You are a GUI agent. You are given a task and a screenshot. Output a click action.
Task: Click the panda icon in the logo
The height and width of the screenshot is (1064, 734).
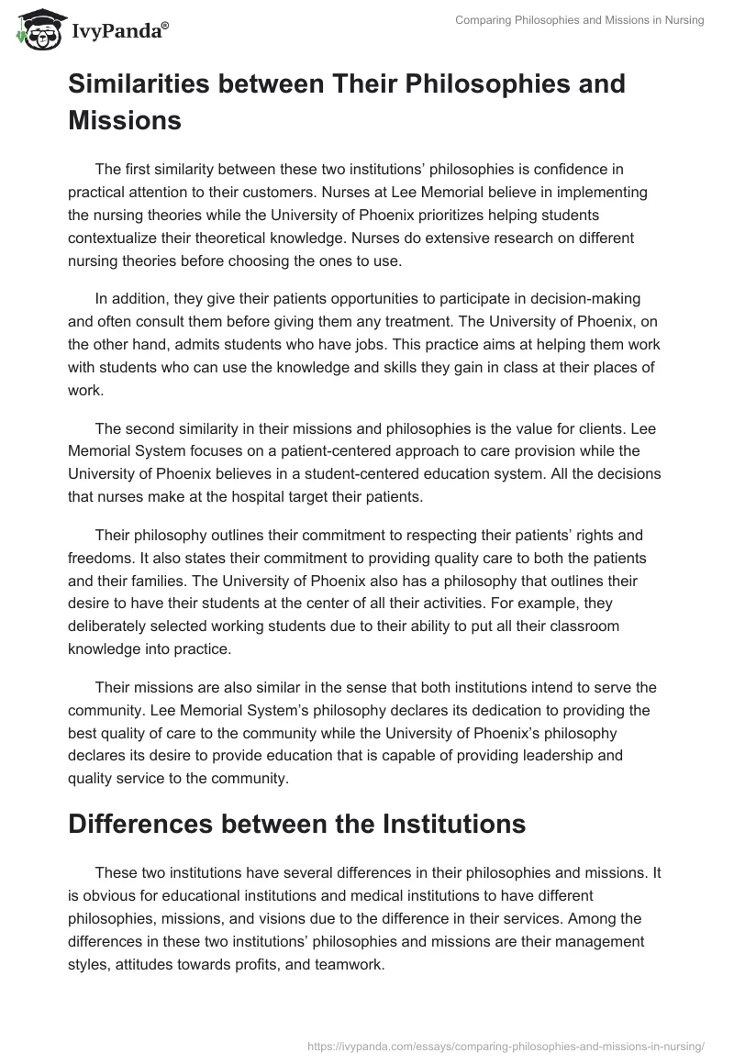coord(38,29)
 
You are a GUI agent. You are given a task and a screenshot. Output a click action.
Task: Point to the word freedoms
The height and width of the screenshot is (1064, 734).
coord(98,558)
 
